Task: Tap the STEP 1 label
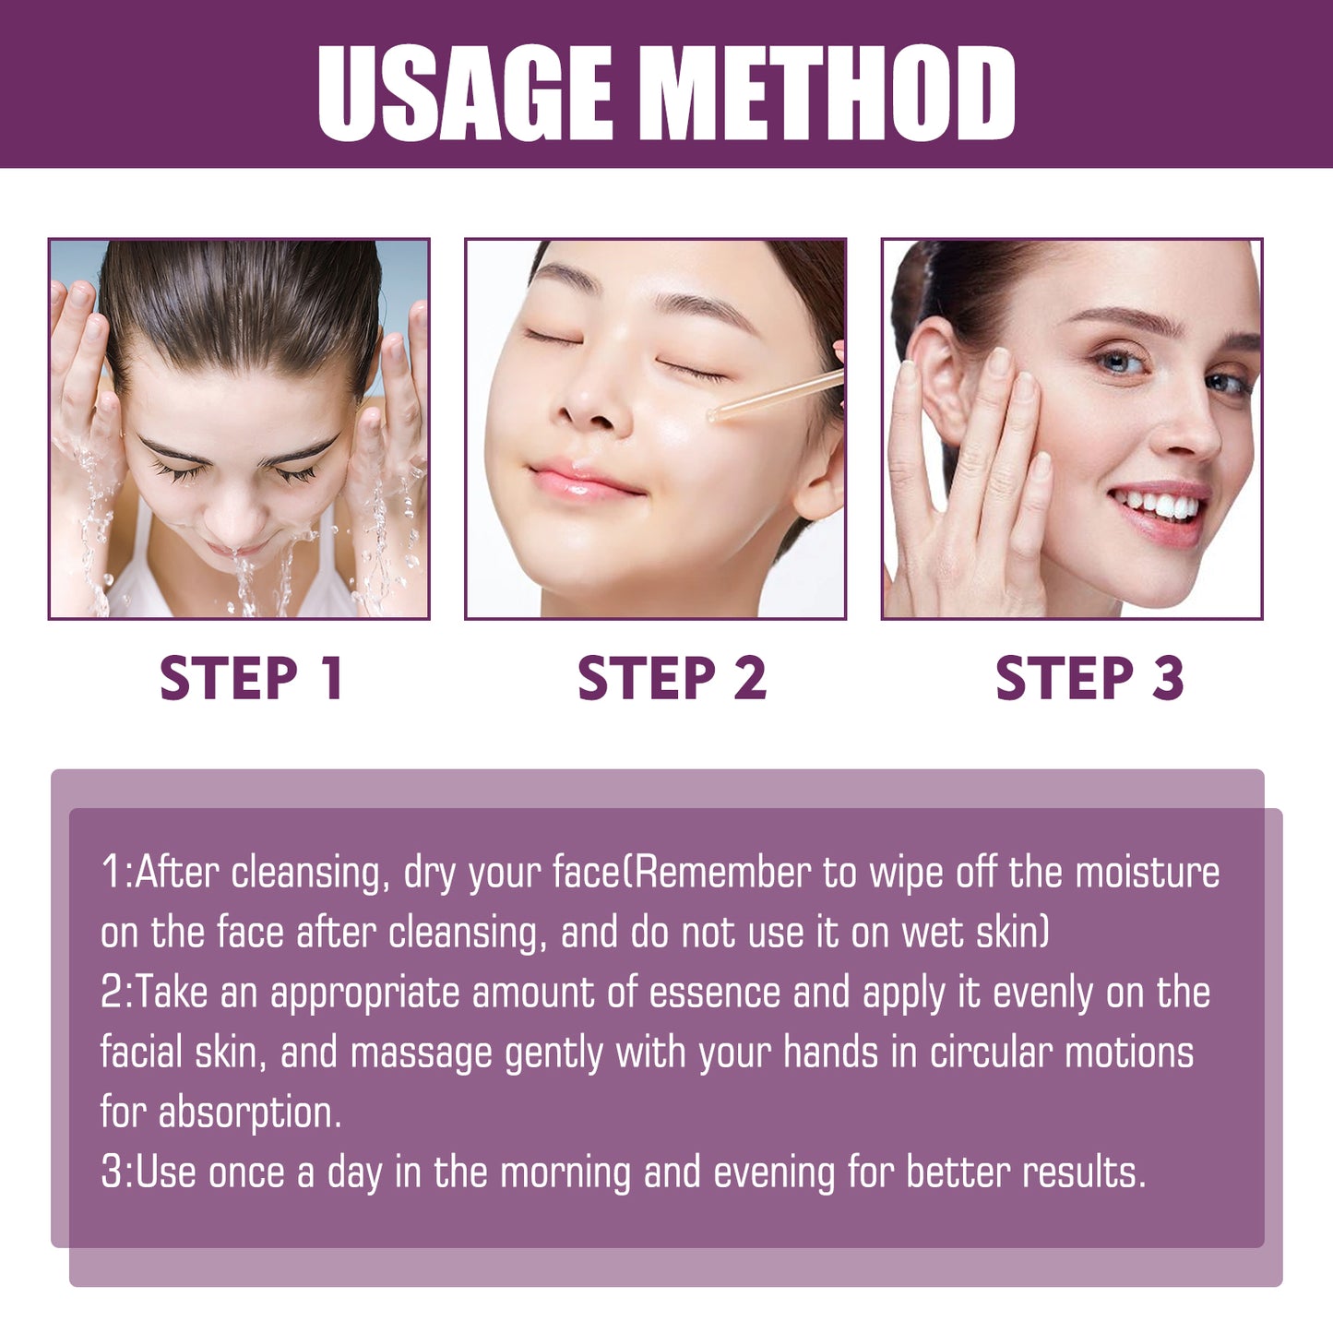[251, 678]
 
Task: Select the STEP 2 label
[672, 678]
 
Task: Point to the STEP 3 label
[1089, 678]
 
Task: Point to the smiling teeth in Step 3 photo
[1158, 505]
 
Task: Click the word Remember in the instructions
[723, 873]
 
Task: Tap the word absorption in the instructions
[249, 1113]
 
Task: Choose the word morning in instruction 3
[565, 1172]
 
